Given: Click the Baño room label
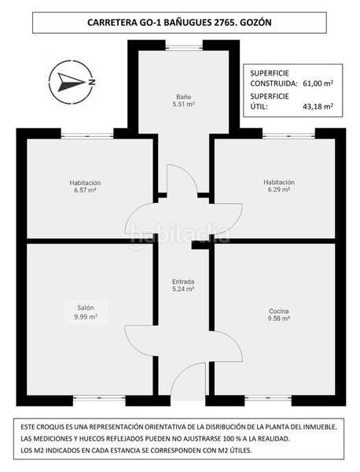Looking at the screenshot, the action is pos(183,97).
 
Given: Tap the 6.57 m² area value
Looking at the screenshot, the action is pos(85,190).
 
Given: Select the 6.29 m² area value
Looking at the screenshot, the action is pos(279,190).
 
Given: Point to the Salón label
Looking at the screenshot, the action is pos(86,308).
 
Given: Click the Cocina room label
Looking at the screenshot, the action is pos(279,311).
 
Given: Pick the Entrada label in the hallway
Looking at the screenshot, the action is pos(183,282).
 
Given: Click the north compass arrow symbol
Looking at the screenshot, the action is pos(72,81).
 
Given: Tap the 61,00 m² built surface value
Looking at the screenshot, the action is pos(318,83).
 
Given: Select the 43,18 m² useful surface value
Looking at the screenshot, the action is pos(318,106).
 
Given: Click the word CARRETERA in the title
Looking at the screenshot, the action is pos(111,23).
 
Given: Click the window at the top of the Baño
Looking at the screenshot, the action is pos(184,47).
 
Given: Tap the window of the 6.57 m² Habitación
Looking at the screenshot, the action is pos(87,136).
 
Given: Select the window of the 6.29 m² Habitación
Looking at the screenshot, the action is pos(288,136).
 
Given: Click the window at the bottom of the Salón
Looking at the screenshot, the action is pos(99,398).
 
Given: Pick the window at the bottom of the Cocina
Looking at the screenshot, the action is pos(268,398).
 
